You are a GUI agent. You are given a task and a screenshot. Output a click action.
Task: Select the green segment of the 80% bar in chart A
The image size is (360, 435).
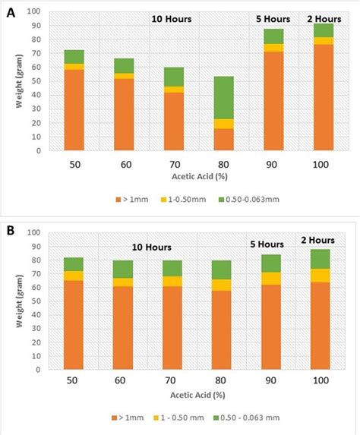point(203,97)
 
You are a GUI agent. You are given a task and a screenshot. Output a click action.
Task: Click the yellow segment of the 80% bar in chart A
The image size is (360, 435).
point(203,123)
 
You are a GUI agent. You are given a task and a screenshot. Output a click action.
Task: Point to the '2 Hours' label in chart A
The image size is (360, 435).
point(323,18)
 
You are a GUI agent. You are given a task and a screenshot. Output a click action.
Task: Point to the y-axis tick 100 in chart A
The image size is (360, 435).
point(35,12)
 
